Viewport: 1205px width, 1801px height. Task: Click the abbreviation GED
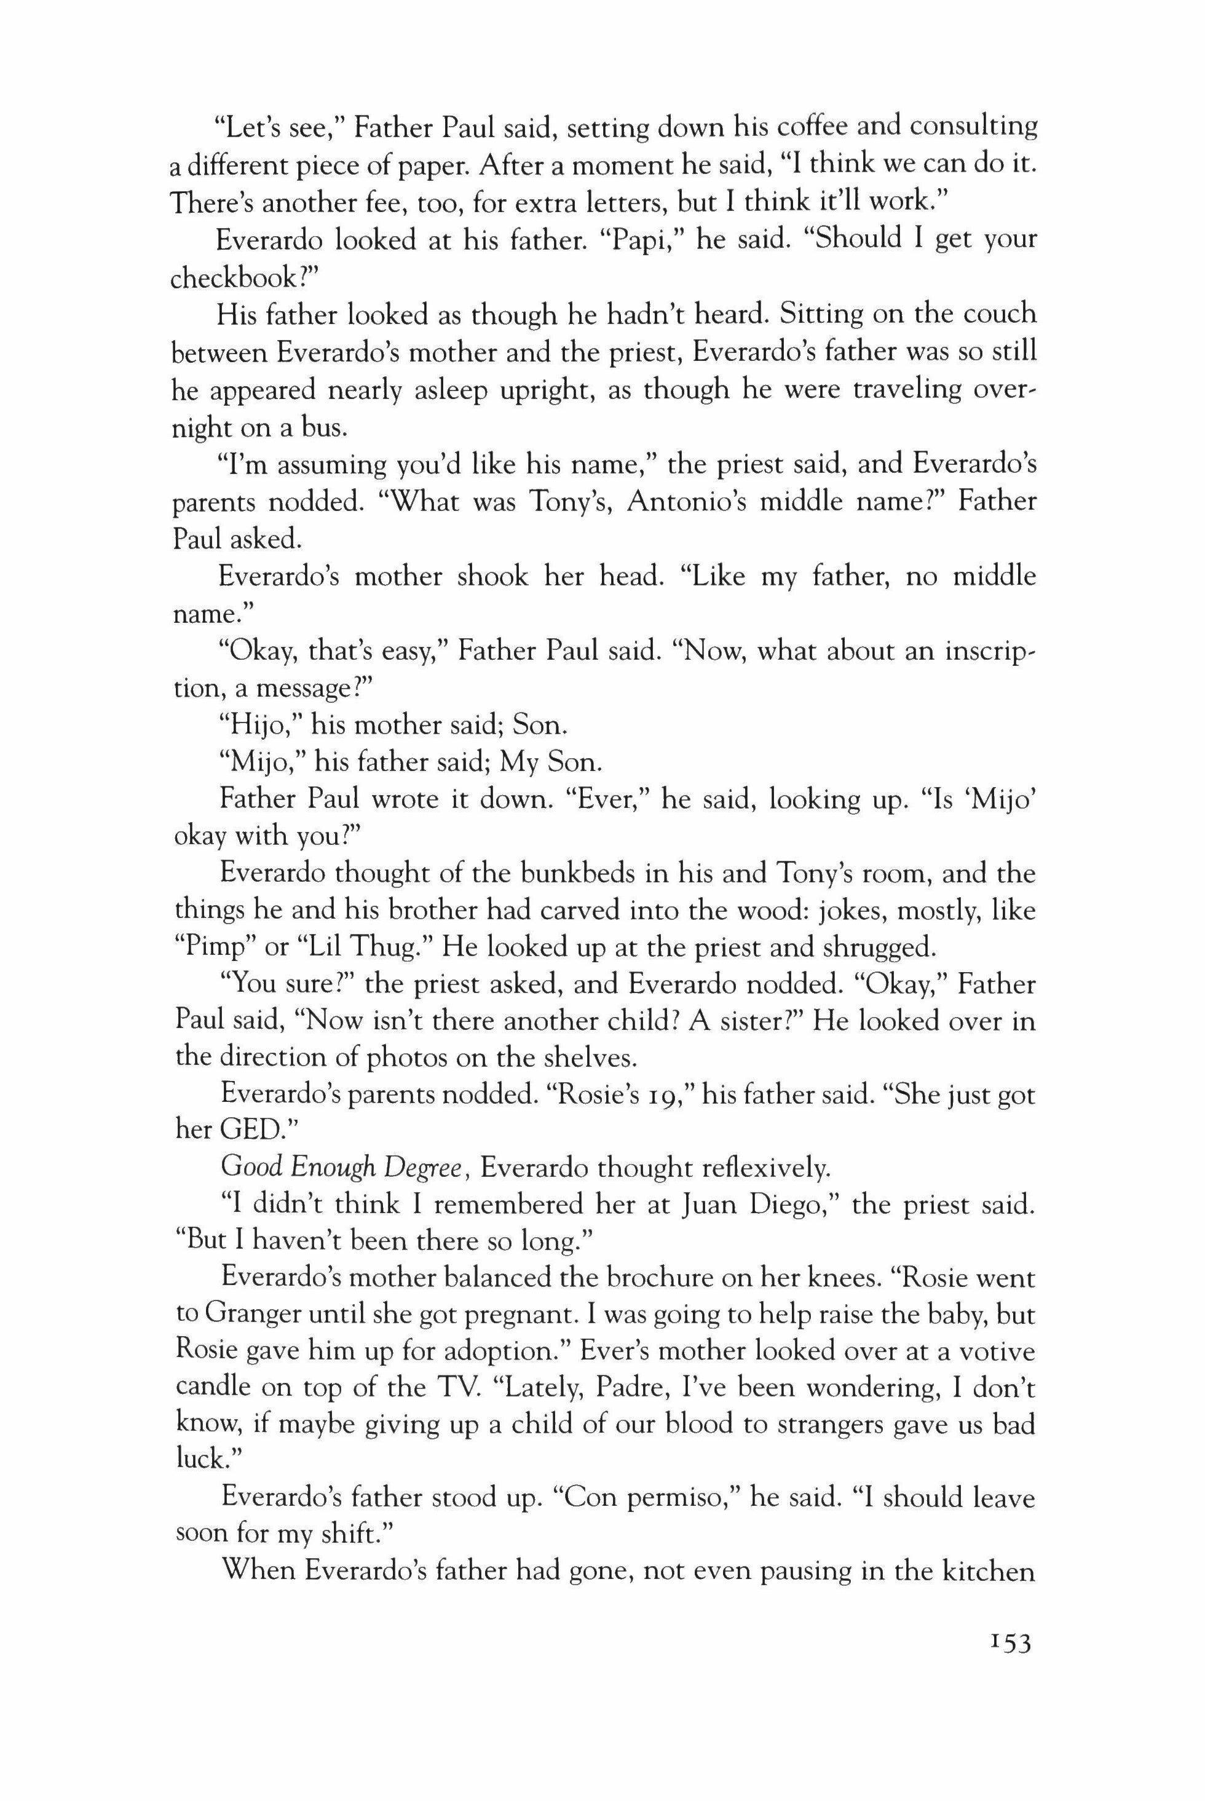click(249, 1134)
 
